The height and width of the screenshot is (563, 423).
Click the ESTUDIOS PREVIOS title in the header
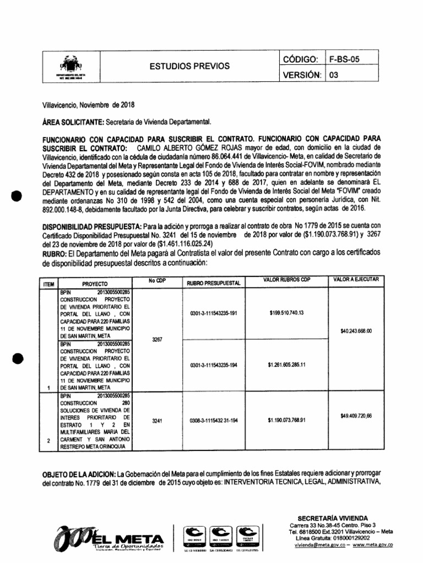[x=190, y=66]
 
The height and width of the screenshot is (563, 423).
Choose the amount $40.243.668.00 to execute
[x=356, y=331]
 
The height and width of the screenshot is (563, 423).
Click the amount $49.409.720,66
[x=356, y=416]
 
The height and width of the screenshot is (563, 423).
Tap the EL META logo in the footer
[x=110, y=537]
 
